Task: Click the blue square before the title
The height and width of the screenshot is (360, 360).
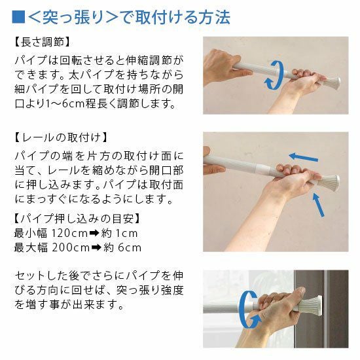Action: pos(18,16)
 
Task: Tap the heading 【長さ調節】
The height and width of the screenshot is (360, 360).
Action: pos(42,43)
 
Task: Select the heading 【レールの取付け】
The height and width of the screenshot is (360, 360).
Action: pos(61,137)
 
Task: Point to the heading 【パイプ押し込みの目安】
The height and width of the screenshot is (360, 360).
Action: pos(77,218)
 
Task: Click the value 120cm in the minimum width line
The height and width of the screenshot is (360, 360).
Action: pos(69,233)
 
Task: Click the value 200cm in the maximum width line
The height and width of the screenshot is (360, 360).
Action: pos(70,247)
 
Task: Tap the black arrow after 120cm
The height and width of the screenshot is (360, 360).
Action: pos(94,234)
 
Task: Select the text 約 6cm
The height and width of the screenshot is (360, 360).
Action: pos(122,247)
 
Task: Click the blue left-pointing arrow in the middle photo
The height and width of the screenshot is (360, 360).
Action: pos(303,157)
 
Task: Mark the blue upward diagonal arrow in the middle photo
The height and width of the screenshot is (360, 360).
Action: pos(318,205)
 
